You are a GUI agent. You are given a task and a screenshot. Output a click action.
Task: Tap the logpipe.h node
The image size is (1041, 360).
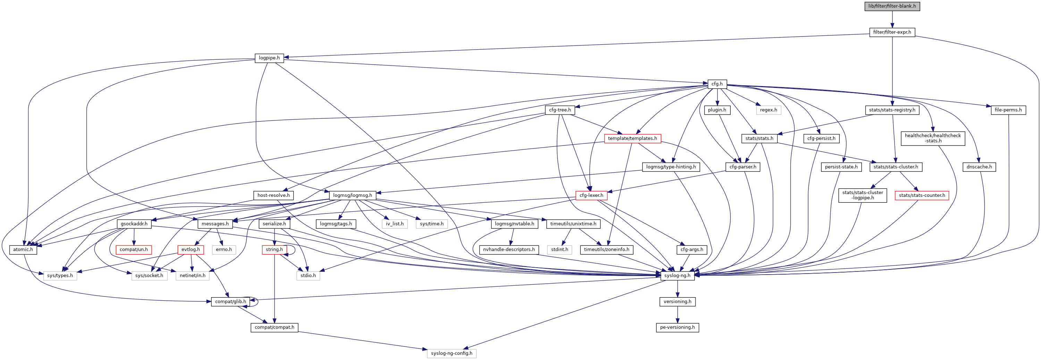269,58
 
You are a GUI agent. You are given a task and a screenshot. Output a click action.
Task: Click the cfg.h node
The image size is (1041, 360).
717,84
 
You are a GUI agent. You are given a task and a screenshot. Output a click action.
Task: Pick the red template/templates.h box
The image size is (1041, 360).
632,139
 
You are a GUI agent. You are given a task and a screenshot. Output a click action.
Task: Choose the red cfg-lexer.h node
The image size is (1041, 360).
591,195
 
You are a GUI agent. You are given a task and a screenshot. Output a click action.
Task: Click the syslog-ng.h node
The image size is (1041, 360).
677,276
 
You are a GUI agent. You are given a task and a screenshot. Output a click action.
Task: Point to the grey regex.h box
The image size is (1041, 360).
768,110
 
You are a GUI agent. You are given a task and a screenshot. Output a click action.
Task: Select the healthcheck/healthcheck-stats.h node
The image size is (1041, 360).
933,138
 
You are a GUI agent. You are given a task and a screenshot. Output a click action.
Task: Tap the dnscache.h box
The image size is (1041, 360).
980,167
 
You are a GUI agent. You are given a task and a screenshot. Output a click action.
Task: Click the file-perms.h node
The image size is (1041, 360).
1008,110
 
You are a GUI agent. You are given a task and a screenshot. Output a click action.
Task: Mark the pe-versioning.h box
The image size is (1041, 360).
677,327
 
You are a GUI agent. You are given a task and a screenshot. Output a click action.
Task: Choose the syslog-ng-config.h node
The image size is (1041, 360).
451,353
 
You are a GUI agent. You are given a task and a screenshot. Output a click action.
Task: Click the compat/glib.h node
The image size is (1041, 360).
230,301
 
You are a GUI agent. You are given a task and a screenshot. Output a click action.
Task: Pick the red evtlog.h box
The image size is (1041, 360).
190,250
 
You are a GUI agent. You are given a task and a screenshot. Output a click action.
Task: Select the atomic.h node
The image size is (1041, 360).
23,250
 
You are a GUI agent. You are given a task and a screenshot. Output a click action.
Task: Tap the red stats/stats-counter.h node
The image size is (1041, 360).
922,195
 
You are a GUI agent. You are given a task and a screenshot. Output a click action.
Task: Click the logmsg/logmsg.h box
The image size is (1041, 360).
352,195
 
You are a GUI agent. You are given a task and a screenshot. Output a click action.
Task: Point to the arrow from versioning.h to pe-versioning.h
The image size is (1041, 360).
677,314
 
